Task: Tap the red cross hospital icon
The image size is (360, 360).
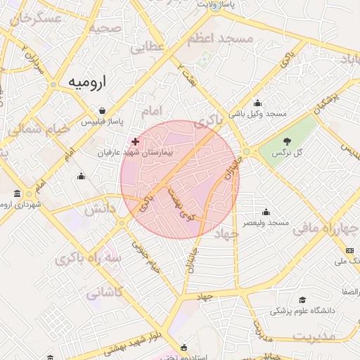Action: [x=135, y=142]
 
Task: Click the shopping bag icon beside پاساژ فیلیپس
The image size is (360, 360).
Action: [x=103, y=111]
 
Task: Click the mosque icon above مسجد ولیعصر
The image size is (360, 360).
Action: [x=266, y=212]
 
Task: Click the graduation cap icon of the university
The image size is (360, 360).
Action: [x=303, y=300]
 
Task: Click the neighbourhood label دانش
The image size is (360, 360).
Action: [x=100, y=209]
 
